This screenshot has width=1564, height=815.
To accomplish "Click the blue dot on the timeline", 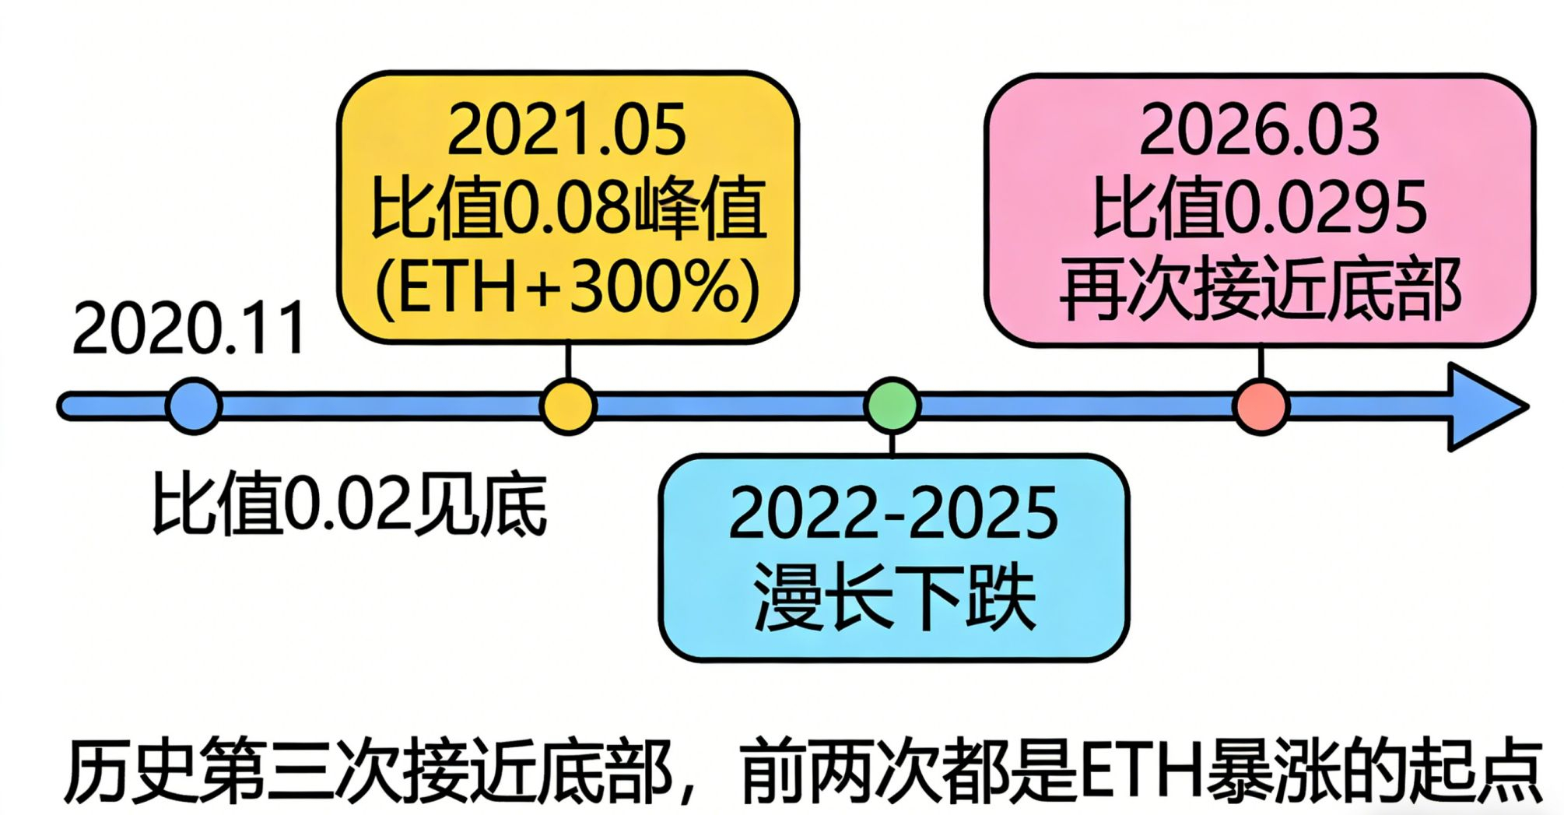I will click(194, 406).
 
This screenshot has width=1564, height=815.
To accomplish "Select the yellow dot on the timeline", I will click(568, 406).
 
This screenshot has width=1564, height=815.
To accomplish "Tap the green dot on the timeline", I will click(892, 405).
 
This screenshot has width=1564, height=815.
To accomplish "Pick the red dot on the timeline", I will click(1261, 406).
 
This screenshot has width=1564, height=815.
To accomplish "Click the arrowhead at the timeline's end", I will click(1482, 406).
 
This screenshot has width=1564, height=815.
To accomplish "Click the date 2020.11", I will click(189, 329).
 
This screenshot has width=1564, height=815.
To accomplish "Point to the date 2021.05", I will click(567, 130).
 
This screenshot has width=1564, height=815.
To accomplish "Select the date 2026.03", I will click(1260, 130).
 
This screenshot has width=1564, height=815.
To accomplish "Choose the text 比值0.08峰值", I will click(567, 209).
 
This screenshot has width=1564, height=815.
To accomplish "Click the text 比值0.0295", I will click(1260, 208).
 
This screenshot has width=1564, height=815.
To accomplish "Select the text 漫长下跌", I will click(893, 598).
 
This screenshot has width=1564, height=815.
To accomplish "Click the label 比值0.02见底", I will click(349, 504).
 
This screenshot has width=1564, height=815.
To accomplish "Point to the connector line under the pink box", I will click(1261, 363).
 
